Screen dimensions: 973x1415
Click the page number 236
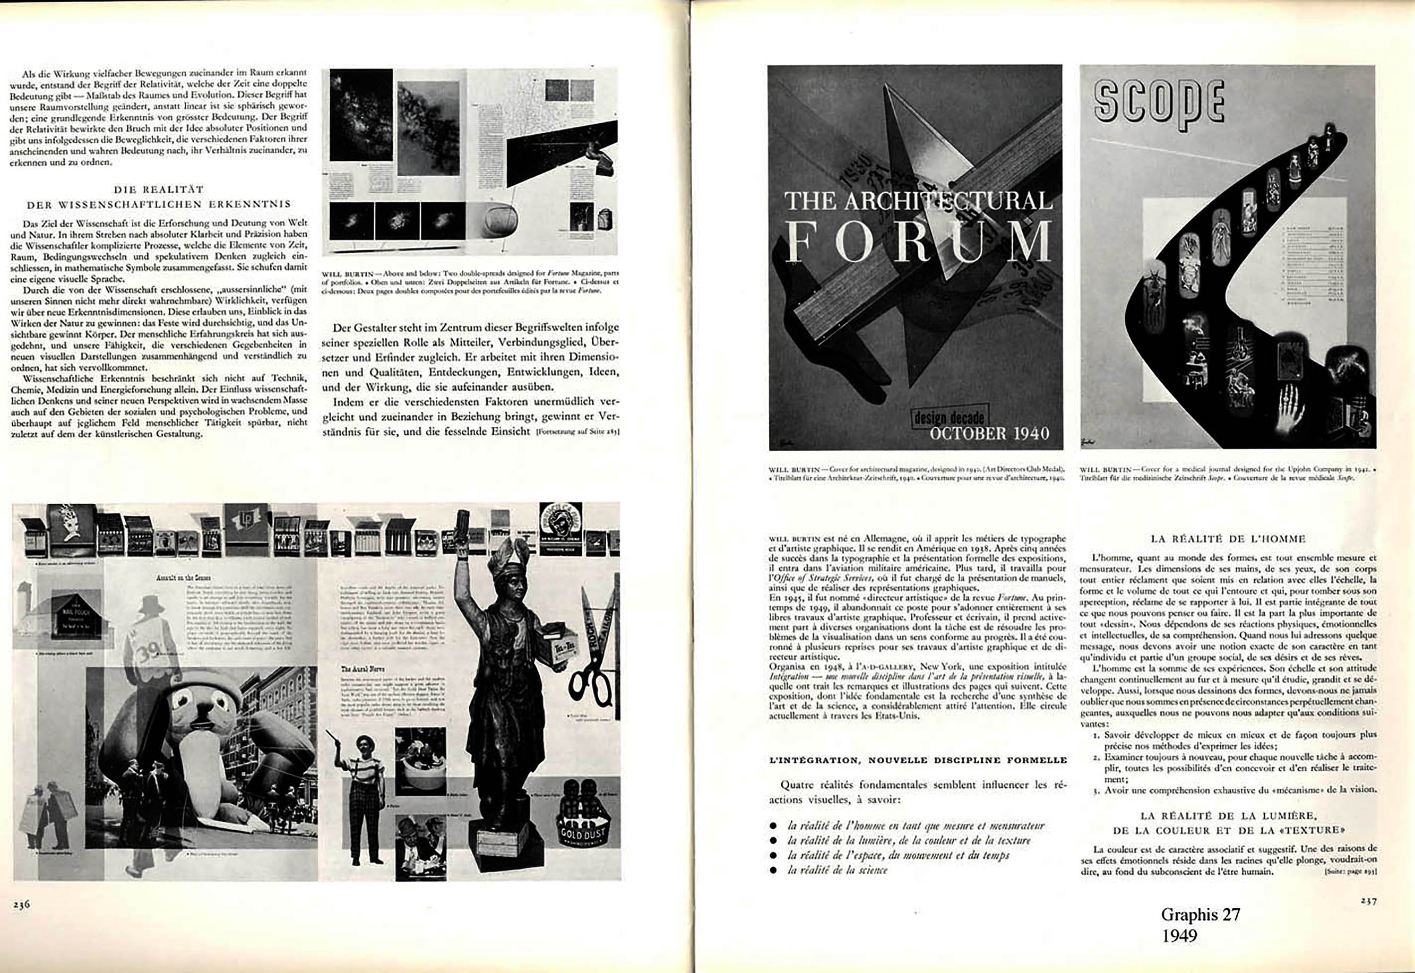(21, 905)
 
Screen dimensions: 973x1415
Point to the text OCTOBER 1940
(989, 434)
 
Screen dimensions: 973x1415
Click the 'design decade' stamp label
(948, 418)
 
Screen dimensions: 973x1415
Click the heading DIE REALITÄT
(159, 190)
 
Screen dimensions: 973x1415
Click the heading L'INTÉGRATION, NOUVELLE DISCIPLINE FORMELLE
(918, 760)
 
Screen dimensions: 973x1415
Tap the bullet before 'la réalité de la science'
(773, 871)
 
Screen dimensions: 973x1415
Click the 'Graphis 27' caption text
(1200, 915)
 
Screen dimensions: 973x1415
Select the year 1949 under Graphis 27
(1179, 936)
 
